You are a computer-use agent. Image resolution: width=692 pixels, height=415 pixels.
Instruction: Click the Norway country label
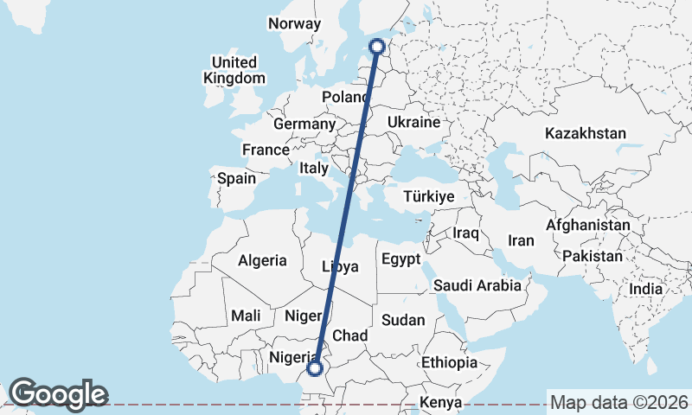294,24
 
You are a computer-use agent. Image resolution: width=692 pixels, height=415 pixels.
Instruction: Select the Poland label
345,97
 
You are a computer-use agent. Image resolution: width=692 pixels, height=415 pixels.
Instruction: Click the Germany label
304,124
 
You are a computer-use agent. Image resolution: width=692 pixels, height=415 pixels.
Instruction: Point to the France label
266,150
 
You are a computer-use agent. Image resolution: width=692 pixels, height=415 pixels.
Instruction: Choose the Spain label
236,179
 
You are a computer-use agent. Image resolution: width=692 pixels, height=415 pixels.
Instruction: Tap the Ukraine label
413,123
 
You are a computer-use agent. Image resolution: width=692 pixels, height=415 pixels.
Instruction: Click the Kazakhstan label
585,134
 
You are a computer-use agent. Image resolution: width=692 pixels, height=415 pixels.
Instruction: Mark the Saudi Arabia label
477,285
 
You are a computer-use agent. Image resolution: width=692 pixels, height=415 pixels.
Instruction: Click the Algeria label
262,260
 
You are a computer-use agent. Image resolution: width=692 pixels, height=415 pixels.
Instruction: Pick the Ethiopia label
449,363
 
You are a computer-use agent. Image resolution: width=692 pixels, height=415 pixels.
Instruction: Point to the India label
645,290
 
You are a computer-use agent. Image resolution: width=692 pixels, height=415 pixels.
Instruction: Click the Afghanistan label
588,225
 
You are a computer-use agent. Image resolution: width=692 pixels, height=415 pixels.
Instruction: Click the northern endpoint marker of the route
377,47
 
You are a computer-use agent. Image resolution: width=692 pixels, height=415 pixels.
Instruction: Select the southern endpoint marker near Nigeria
315,368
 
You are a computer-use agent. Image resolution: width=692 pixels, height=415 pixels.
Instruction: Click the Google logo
58,394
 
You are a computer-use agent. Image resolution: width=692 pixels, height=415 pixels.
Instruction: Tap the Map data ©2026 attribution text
619,403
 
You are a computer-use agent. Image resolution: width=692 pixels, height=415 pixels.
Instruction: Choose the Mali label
246,316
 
